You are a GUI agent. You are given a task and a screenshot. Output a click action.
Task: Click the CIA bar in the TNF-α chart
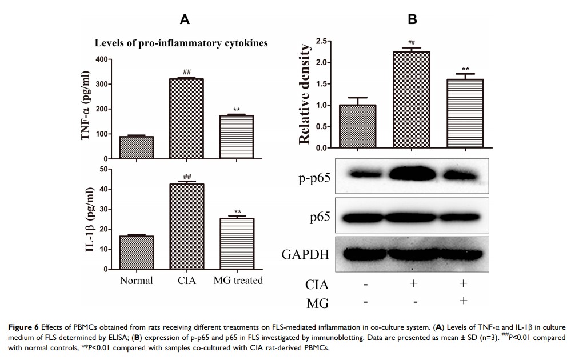[x=187, y=118]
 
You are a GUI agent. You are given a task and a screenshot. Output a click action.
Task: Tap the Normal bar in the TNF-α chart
[x=136, y=147]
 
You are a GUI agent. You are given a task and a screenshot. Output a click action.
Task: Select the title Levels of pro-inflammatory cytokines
[x=181, y=43]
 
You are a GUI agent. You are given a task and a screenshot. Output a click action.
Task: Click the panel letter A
[x=185, y=20]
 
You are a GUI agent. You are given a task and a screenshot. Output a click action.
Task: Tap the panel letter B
[x=412, y=20]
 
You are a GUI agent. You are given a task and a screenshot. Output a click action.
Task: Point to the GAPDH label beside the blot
[x=306, y=254]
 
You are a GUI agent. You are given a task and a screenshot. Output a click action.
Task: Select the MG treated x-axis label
[x=238, y=280]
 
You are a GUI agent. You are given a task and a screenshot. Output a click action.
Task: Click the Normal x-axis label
[x=136, y=280]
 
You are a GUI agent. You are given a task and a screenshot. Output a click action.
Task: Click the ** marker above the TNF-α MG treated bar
[x=237, y=110]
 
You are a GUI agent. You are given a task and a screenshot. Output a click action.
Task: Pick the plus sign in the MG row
[x=463, y=301]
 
